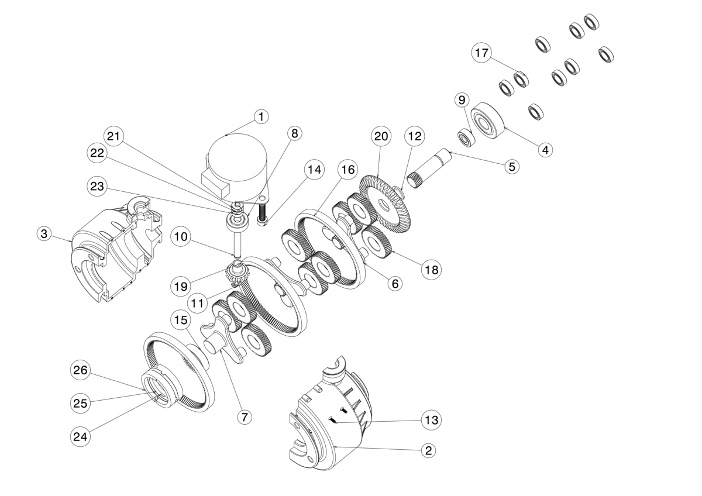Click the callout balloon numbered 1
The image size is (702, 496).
point(261,117)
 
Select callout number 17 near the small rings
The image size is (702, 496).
point(481,53)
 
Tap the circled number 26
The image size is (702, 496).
point(80,370)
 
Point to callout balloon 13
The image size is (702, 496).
point(431,420)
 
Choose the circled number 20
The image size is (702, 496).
point(381,136)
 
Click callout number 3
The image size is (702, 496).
point(44,233)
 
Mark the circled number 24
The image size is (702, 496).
point(80,436)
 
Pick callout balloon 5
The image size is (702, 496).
point(512,167)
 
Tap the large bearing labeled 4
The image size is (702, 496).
point(488,120)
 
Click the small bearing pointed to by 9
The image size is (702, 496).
point(467,138)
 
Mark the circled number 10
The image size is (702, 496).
point(181,236)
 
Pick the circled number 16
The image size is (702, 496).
point(348,170)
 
